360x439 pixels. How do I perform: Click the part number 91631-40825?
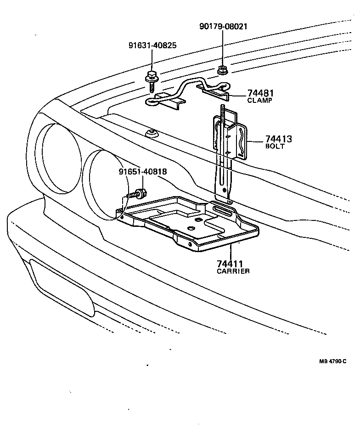[152, 46]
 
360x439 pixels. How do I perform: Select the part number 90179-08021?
[223, 27]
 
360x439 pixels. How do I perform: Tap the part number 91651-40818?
[142, 172]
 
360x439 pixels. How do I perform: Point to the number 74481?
[260, 93]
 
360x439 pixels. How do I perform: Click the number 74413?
[279, 139]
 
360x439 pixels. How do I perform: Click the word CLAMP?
[260, 100]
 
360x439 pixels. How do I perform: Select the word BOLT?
[275, 146]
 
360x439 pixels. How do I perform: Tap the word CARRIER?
[233, 271]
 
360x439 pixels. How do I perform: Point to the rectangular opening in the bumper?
[62, 287]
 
